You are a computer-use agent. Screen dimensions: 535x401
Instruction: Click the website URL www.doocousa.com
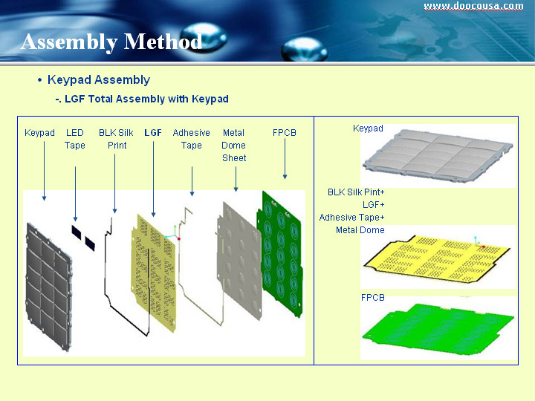coord(473,7)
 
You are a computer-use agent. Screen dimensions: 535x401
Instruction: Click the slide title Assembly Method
coord(111,42)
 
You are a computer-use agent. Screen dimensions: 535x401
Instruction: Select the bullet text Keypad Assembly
coord(99,79)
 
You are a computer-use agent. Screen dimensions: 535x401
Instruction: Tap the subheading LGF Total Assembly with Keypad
coord(146,99)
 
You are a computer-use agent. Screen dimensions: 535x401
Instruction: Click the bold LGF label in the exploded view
coord(153,133)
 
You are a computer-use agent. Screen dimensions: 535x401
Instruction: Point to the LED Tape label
coord(75,139)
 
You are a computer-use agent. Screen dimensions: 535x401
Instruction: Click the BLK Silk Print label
coord(116,139)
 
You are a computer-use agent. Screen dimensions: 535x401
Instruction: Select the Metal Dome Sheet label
coord(234,146)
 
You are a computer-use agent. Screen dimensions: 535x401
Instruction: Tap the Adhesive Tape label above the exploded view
coord(191,139)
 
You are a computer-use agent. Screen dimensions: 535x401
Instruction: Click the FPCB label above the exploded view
coord(284,133)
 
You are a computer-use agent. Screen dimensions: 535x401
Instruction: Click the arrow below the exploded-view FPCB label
coord(285,159)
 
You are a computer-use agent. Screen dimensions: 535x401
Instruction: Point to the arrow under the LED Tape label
coord(75,194)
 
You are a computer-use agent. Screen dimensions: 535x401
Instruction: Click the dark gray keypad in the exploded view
coord(49,287)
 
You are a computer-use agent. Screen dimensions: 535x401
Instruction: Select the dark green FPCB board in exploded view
coord(280,255)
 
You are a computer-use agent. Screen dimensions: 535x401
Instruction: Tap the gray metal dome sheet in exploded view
coord(239,261)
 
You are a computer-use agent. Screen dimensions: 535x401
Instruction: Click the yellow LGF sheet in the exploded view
coord(154,273)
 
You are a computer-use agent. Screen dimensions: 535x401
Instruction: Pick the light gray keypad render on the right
coord(438,155)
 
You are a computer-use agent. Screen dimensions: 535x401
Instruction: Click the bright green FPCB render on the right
coord(438,328)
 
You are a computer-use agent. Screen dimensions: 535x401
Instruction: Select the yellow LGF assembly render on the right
coord(438,258)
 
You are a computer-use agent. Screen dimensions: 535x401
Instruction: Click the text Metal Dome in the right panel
coord(360,230)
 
